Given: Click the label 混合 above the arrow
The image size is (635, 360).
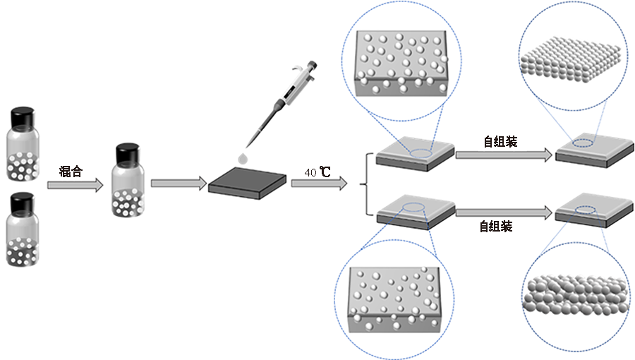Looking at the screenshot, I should tap(72, 170).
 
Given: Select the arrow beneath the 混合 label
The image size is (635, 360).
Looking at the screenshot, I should tap(74, 185).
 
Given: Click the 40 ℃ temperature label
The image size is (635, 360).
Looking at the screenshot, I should tap(317, 172).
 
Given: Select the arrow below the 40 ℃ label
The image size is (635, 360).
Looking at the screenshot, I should tap(319, 184).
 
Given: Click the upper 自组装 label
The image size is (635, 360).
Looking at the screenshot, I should tap(500, 142).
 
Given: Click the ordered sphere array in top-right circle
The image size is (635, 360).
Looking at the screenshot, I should tap(570, 56).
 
